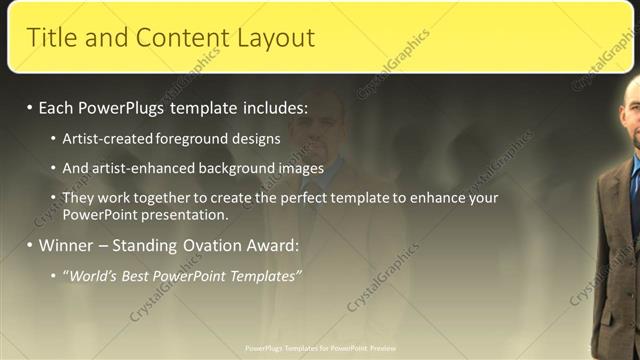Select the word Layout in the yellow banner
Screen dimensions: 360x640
[x=276, y=38]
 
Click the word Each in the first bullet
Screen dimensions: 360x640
[x=57, y=106]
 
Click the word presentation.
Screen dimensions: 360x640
[x=186, y=214]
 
